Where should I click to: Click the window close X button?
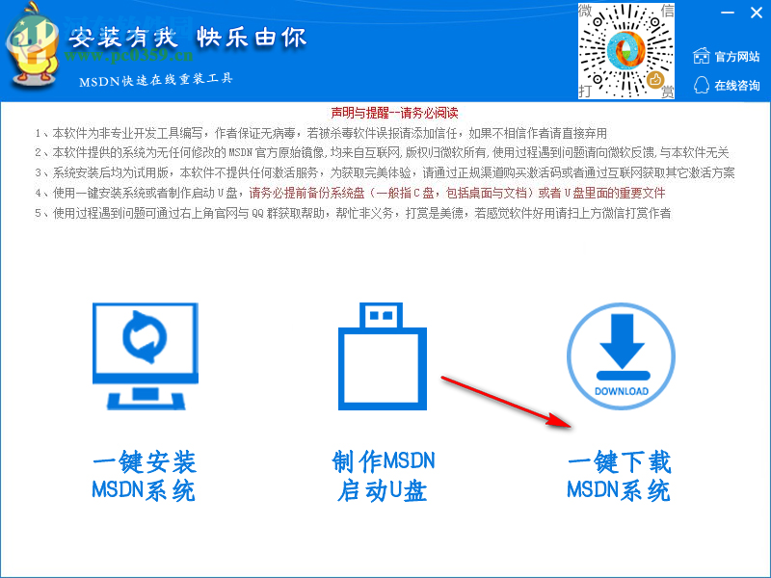(x=755, y=13)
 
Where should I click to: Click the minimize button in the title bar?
(x=728, y=13)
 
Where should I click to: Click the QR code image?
(x=626, y=51)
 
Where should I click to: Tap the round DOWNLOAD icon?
(x=622, y=356)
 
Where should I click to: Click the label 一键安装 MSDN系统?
(x=144, y=476)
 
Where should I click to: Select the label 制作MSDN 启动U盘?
(x=383, y=476)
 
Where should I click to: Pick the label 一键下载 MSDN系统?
(x=619, y=476)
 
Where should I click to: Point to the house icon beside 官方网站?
(x=701, y=57)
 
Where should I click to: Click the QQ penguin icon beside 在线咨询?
(x=701, y=85)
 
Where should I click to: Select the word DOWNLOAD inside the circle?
(x=622, y=391)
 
